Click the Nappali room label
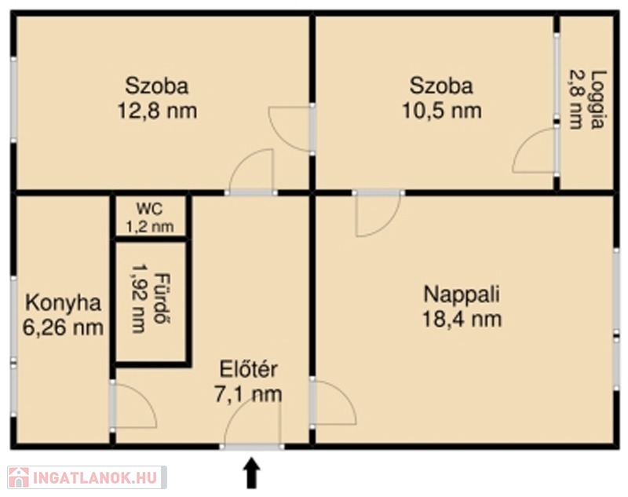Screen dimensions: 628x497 462,294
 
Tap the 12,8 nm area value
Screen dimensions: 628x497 157,111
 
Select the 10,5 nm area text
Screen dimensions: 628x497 441,111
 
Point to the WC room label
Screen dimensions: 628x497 149,209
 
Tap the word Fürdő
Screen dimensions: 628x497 162,299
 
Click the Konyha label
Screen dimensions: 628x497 63,303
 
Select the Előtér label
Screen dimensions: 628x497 248,369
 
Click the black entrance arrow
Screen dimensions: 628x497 251,473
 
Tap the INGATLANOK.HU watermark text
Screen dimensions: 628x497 95,478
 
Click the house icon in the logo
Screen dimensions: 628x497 18,478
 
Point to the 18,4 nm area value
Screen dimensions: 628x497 462,320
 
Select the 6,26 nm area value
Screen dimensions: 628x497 63,328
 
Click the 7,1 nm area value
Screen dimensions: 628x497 248,394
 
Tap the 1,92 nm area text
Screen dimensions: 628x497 139,299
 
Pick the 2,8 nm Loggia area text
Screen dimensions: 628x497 575,100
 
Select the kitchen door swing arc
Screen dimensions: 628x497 146,394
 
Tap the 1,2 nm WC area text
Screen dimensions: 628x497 150,227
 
